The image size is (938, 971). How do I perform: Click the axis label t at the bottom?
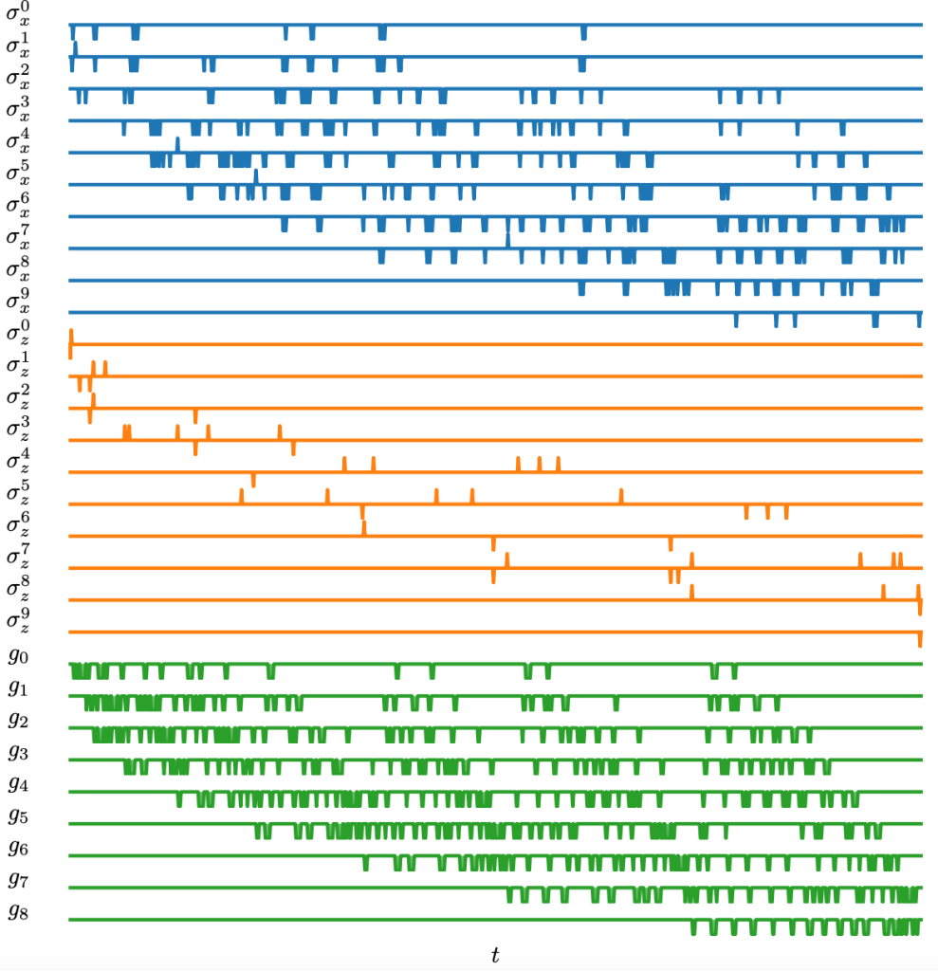click(494, 955)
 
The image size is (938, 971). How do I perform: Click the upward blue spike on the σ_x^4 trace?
click(177, 143)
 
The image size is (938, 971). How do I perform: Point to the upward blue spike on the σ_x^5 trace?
click(255, 175)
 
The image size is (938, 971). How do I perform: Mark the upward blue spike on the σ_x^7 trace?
click(507, 239)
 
